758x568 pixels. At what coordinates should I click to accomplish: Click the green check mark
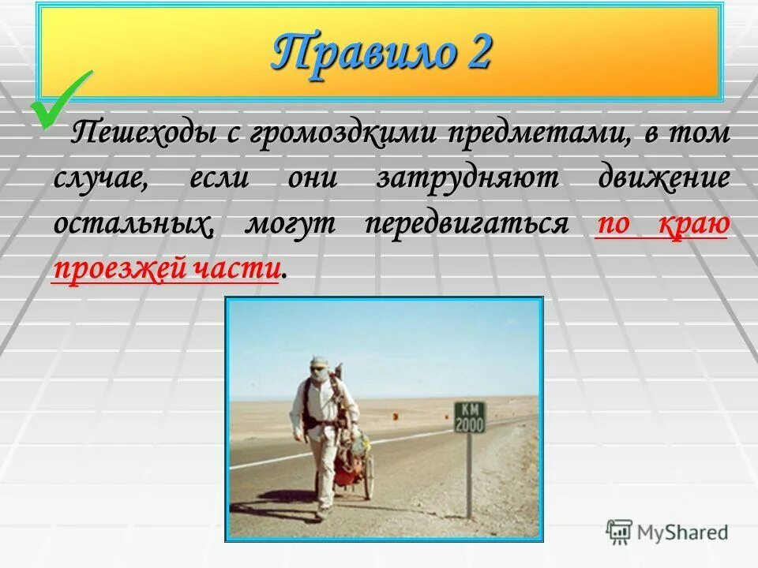click(60, 99)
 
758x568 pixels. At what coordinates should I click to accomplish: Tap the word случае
click(99, 177)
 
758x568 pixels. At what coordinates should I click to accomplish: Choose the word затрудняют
click(467, 177)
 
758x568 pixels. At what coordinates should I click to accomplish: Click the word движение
click(664, 177)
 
